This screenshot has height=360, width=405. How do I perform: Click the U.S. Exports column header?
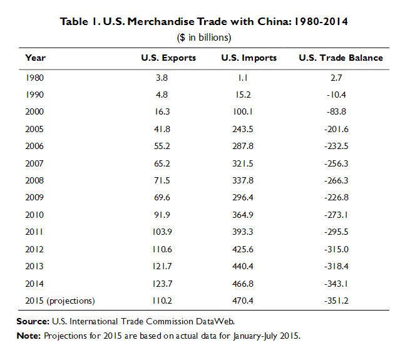point(169,58)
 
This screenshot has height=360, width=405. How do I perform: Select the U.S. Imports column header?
point(249,58)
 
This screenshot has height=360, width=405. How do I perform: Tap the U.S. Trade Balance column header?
point(341,58)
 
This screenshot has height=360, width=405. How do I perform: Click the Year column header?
point(35,58)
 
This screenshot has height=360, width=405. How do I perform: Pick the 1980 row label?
point(35,78)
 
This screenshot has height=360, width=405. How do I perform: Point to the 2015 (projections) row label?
point(60,301)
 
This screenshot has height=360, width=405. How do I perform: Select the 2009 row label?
point(35,198)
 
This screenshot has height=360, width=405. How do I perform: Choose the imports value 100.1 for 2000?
point(249,113)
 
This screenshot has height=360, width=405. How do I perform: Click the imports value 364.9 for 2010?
point(249,215)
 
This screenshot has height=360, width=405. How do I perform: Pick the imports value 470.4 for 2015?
point(249,301)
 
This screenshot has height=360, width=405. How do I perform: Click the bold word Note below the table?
point(28,336)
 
